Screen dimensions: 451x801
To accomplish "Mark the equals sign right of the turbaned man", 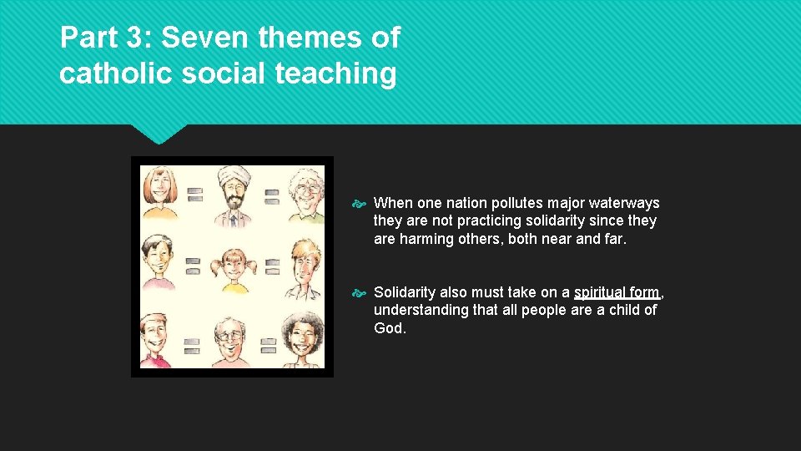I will click(x=272, y=196).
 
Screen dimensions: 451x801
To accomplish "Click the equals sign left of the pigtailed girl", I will click(x=194, y=266).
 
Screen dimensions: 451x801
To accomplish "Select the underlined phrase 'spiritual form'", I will click(x=617, y=292).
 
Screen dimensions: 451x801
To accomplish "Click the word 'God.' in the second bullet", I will click(x=390, y=328).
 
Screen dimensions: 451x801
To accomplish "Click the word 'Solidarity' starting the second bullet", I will click(x=405, y=292).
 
